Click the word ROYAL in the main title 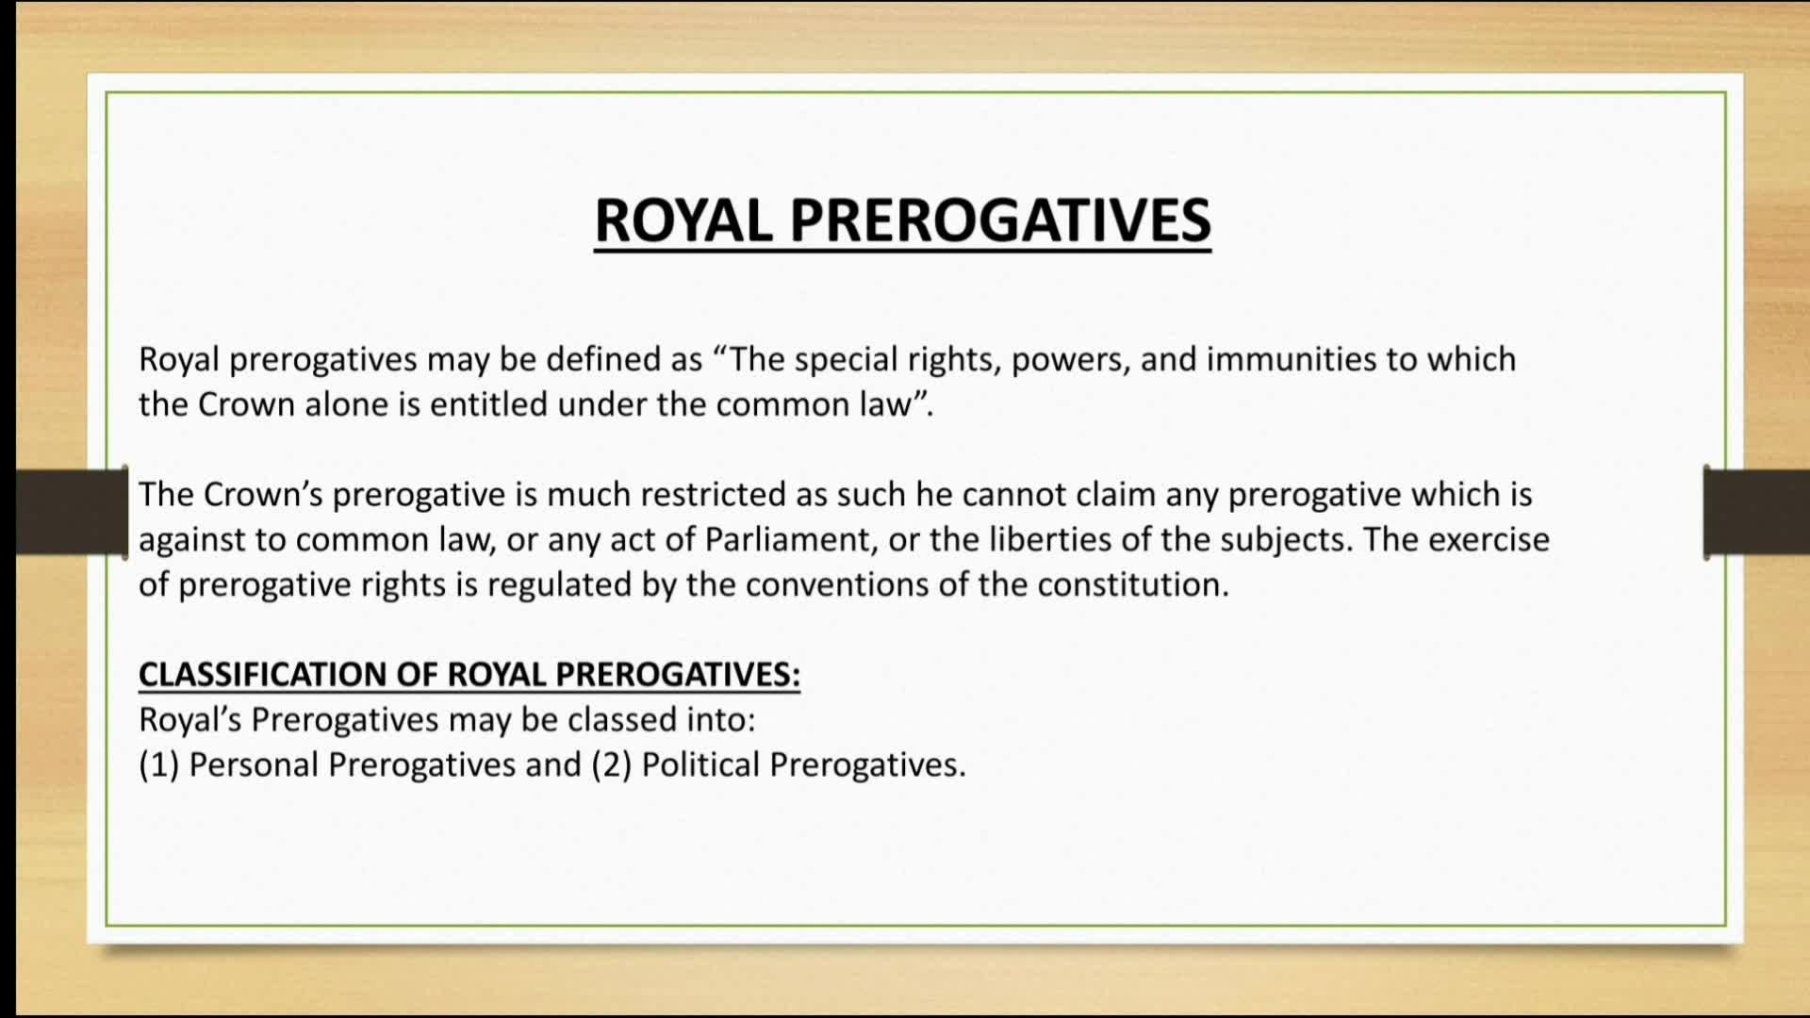[x=683, y=221]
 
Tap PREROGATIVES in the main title [x=1000, y=221]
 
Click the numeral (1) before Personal [x=158, y=764]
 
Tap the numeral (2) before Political [x=611, y=764]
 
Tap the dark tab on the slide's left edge [x=72, y=512]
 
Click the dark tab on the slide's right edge [x=1756, y=512]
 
